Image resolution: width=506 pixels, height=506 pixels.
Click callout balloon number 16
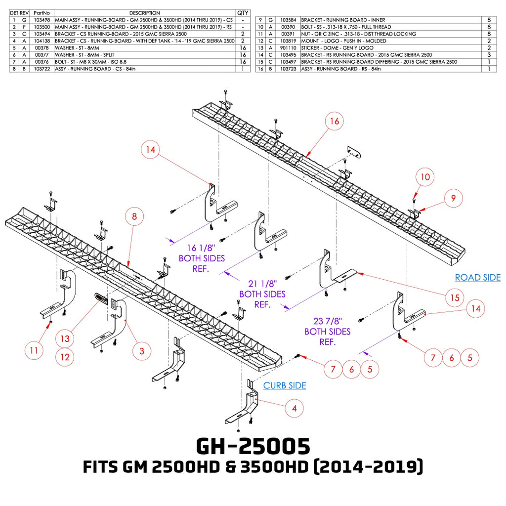coord(335,121)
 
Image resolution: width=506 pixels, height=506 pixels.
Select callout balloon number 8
coord(134,216)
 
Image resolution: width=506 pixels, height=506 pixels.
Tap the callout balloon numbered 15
coord(455,297)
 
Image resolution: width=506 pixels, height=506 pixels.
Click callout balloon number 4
coord(295,409)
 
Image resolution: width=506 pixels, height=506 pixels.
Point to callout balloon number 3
coord(142,351)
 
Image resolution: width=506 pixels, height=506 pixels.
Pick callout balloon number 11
coord(34,350)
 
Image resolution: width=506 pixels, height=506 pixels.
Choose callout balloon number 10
coord(425,177)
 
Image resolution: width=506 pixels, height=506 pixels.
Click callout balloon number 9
coord(453,198)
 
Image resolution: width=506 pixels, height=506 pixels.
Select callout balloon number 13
coord(65,338)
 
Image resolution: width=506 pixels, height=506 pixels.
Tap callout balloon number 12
coord(65,357)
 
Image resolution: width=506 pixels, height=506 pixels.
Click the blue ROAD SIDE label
coord(478,277)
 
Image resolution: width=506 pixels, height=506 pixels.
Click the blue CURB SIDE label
coord(285,385)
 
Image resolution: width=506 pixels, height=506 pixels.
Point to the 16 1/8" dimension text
coord(201,248)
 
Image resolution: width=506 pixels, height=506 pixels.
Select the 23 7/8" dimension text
coord(328,321)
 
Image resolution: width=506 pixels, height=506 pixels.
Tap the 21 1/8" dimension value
coord(263,284)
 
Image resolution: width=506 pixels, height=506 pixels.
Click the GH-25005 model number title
coord(253,446)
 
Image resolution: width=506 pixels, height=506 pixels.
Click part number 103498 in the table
coord(42,20)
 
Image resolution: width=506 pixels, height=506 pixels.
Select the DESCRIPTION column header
coord(145,13)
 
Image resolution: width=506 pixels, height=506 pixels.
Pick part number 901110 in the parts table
coord(288,48)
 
